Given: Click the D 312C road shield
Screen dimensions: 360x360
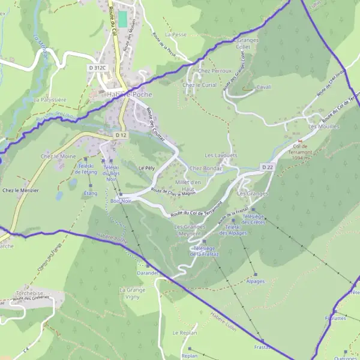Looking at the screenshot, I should coord(97,68).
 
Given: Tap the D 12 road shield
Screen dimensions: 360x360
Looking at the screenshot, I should coord(121,136).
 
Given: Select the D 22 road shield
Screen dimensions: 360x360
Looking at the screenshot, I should coord(268,166).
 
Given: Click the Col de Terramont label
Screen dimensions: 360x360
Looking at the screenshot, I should coord(301,150).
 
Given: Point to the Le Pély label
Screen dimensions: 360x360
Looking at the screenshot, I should coord(147,167).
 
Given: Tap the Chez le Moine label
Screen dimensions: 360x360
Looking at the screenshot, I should coord(58,156).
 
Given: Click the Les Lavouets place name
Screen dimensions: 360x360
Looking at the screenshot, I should coord(221,155).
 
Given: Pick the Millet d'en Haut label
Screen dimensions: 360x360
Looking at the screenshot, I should coord(188,185).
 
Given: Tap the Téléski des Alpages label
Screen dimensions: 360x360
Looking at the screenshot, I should coord(233,230).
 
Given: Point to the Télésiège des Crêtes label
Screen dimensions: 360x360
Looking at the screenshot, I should coord(254,219).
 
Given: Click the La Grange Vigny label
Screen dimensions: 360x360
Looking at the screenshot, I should coord(132,293).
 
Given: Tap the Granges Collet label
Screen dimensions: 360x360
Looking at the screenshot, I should coord(243,43).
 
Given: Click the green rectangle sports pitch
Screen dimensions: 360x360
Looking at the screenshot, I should coord(123,19).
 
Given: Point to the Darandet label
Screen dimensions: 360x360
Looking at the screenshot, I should coord(148,272).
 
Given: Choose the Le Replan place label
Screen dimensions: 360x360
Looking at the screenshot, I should coord(184,332).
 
